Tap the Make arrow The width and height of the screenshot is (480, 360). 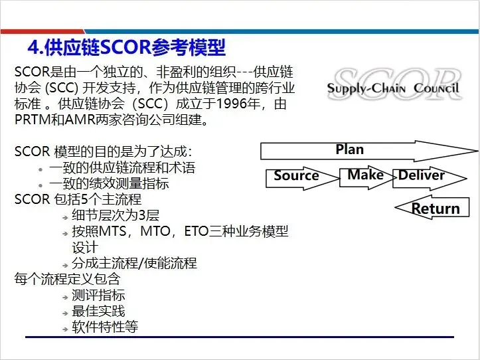coord(366,175)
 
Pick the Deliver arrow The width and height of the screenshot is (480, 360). coord(422,176)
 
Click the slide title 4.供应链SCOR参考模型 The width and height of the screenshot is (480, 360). coord(126,48)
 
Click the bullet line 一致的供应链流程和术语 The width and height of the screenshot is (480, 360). coord(121,168)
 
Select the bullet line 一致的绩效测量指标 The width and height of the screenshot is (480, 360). coord(108,184)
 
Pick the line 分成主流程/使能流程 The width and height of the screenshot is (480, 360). coord(134,263)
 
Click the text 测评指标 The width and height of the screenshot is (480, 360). coord(98,295)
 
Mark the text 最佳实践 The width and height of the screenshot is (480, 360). coord(98,311)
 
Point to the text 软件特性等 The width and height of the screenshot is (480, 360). coord(105,327)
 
